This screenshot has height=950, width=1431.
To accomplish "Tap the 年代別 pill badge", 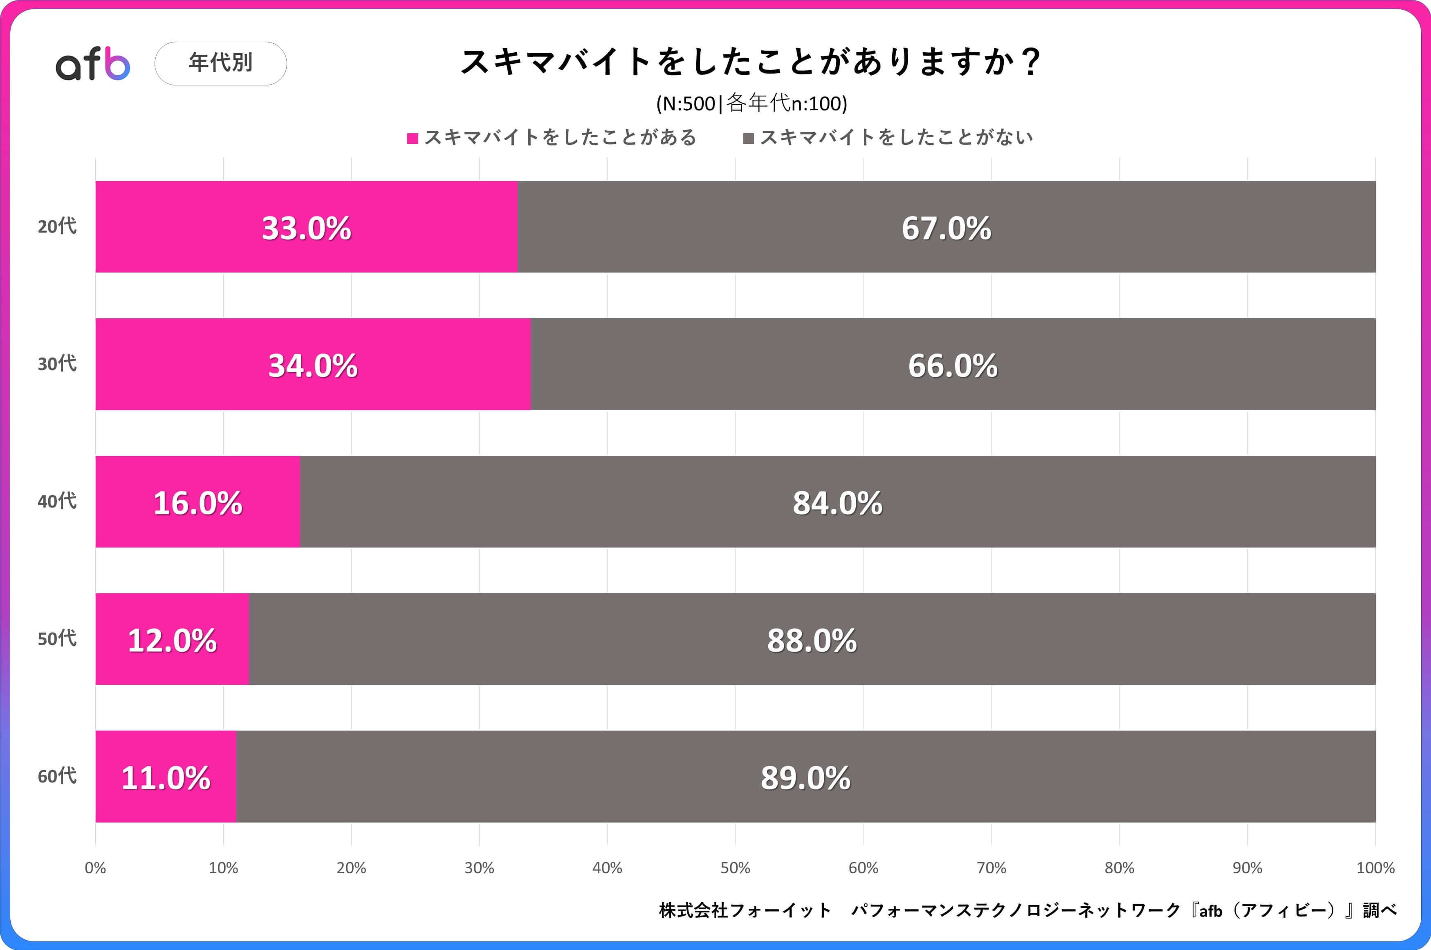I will pos(221,63).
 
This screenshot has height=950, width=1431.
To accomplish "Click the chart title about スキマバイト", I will pos(750,62).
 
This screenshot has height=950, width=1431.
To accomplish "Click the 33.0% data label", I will pos(306,228).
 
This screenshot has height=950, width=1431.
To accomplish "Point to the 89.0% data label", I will pos(805,778).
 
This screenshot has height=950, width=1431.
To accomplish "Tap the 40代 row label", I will pos(57,501).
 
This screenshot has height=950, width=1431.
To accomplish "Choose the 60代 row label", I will pos(57,776).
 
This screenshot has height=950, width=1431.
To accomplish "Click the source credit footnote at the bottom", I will pos(1028,910).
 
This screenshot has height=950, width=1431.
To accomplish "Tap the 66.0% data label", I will pos(952,366).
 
